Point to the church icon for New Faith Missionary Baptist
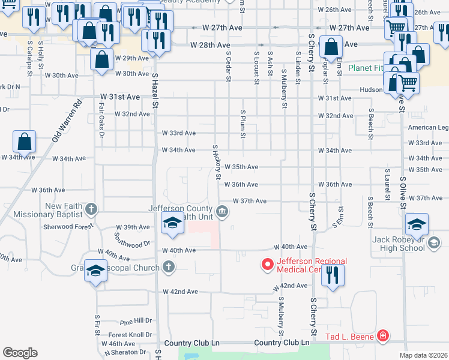tap(91, 209)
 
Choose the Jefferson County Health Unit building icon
tap(223, 211)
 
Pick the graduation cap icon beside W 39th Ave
tap(172, 224)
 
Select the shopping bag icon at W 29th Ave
tap(101, 59)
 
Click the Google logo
tap(20, 352)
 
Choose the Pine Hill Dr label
tap(136, 321)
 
